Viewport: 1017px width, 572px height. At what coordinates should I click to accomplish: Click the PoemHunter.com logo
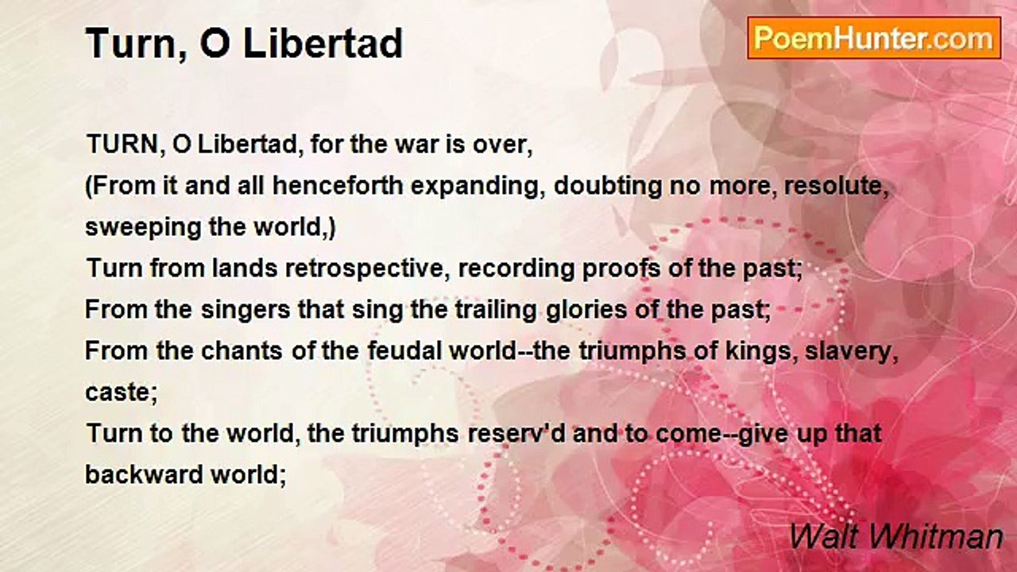pos(874,38)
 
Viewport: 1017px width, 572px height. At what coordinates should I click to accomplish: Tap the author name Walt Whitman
pos(895,536)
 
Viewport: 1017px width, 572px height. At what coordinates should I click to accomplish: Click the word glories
pos(585,310)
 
